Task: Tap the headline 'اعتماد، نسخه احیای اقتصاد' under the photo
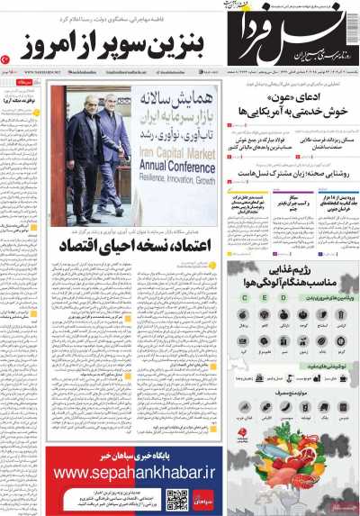(x=132, y=244)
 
